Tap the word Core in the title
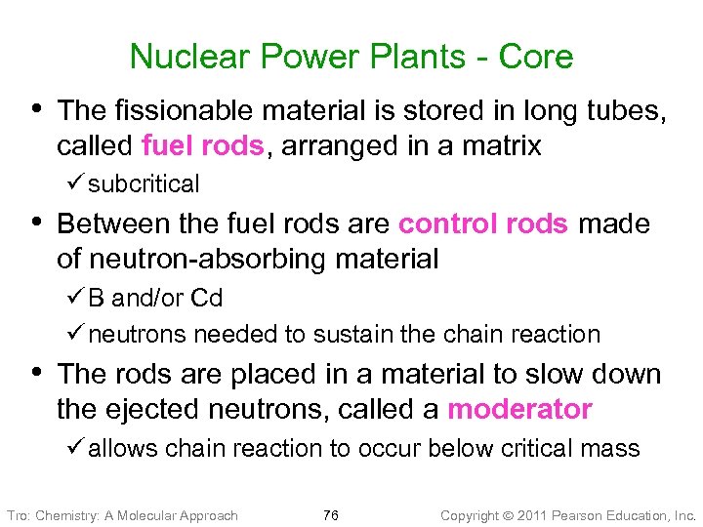tap(536, 57)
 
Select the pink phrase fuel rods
tap(203, 146)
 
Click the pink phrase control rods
tap(483, 223)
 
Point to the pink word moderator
tap(519, 409)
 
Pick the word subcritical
tap(144, 183)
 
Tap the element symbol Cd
tap(207, 298)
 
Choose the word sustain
tap(350, 334)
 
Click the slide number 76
tap(330, 514)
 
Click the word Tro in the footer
tap(17, 514)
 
